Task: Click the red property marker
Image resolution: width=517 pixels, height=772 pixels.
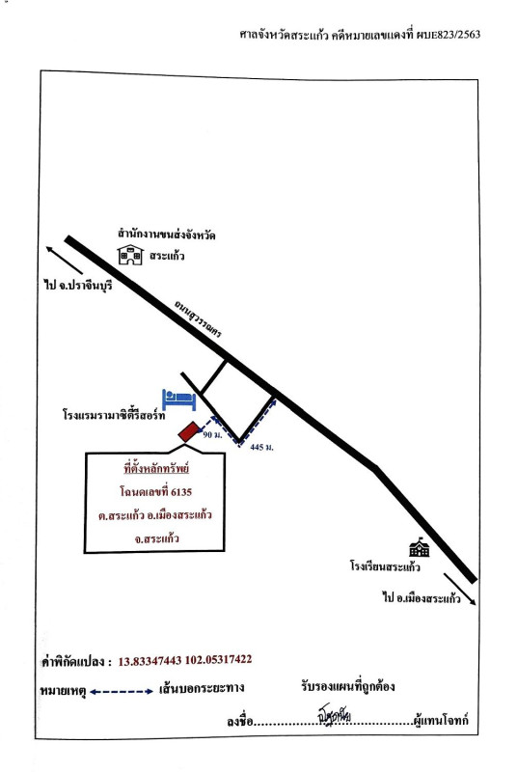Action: click(x=188, y=431)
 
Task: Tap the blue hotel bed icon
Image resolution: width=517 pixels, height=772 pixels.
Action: click(x=179, y=400)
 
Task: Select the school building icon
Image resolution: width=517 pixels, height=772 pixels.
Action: click(x=420, y=547)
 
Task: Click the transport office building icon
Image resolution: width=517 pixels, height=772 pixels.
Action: click(x=130, y=255)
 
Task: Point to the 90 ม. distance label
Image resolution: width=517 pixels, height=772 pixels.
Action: click(x=212, y=435)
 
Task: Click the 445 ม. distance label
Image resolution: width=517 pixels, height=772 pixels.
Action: click(x=261, y=447)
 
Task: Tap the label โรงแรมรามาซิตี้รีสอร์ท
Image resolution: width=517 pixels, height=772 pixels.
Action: click(x=114, y=415)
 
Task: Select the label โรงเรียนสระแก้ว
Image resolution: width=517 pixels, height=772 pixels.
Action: click(x=385, y=566)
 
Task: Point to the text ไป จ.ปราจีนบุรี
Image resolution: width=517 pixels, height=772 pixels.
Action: click(x=78, y=285)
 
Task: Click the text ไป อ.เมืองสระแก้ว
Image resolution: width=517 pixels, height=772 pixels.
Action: click(x=422, y=598)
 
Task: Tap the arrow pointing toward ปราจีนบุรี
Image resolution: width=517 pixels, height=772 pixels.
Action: click(x=65, y=260)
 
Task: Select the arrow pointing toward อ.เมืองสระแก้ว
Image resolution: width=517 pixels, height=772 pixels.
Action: click(x=460, y=590)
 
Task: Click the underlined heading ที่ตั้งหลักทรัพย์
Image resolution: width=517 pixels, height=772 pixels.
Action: click(x=156, y=468)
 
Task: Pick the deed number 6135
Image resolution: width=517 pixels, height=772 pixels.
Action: click(x=181, y=491)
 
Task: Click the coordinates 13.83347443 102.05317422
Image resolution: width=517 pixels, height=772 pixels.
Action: click(x=185, y=660)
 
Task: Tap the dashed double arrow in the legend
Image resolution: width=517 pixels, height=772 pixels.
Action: click(x=122, y=691)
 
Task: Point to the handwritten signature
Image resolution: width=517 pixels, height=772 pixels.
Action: click(x=334, y=714)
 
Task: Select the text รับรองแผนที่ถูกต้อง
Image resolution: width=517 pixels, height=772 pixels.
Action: click(x=348, y=686)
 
